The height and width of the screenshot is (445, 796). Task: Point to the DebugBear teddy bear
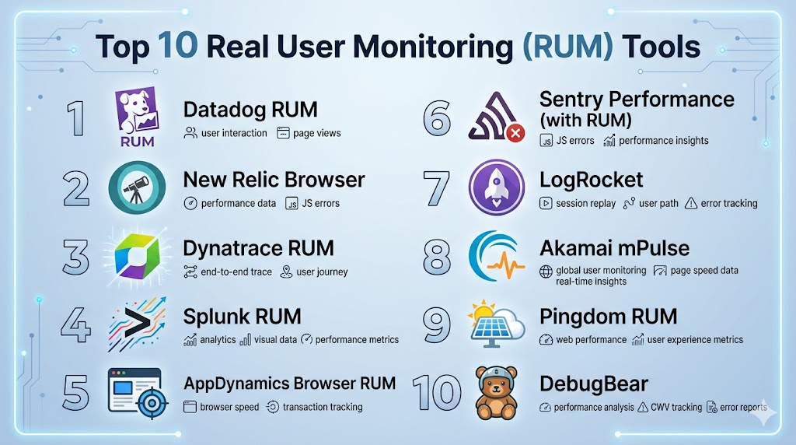(x=496, y=392)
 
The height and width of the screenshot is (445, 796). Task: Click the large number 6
(x=436, y=119)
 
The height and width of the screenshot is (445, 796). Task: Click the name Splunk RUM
(x=242, y=317)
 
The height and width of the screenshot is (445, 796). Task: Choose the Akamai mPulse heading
(x=614, y=249)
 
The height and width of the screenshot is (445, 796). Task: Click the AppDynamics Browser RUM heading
(x=289, y=383)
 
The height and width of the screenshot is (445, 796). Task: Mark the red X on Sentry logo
(x=515, y=133)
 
